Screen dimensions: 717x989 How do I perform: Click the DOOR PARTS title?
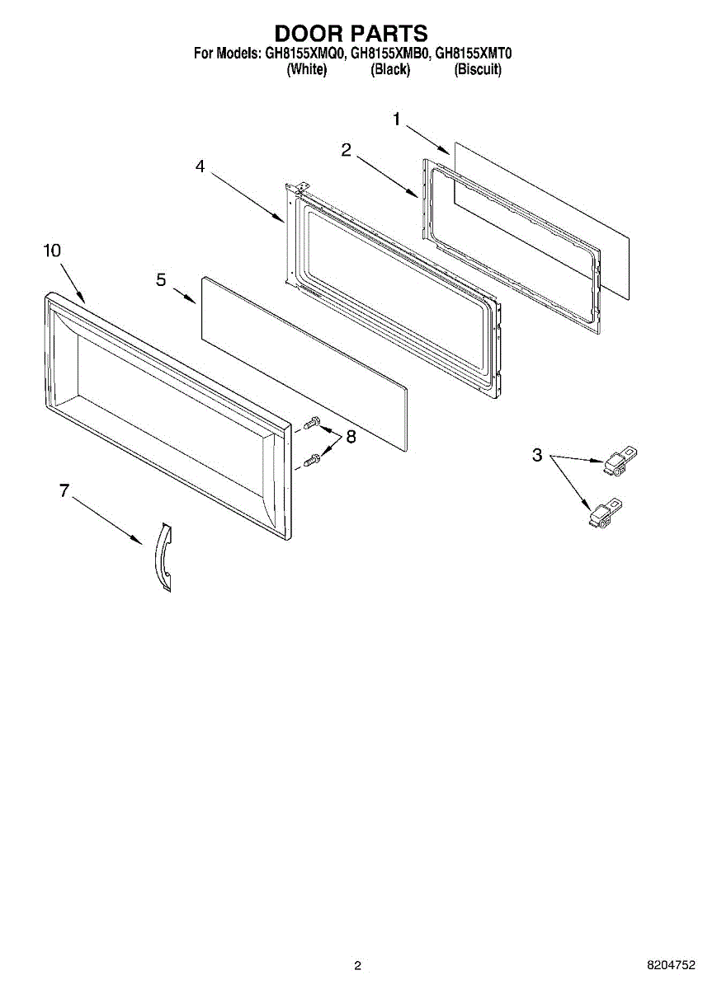point(351,33)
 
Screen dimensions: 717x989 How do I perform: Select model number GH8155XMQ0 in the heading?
point(304,54)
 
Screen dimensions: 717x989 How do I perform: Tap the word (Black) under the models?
point(390,70)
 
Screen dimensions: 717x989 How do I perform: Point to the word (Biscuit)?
point(478,70)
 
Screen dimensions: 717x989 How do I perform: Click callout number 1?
point(396,120)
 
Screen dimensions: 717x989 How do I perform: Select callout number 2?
point(347,149)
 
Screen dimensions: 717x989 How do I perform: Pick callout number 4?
point(200,166)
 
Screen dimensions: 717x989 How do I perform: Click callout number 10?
point(52,251)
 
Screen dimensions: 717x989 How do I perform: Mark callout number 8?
point(351,437)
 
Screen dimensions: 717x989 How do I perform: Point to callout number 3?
point(537,455)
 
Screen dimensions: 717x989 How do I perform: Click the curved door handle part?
point(163,557)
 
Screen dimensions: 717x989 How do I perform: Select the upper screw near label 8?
point(311,424)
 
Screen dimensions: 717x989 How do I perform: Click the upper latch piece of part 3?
point(621,461)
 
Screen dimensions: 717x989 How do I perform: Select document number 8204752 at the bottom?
point(671,965)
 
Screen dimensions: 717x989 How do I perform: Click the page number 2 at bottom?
point(357,965)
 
